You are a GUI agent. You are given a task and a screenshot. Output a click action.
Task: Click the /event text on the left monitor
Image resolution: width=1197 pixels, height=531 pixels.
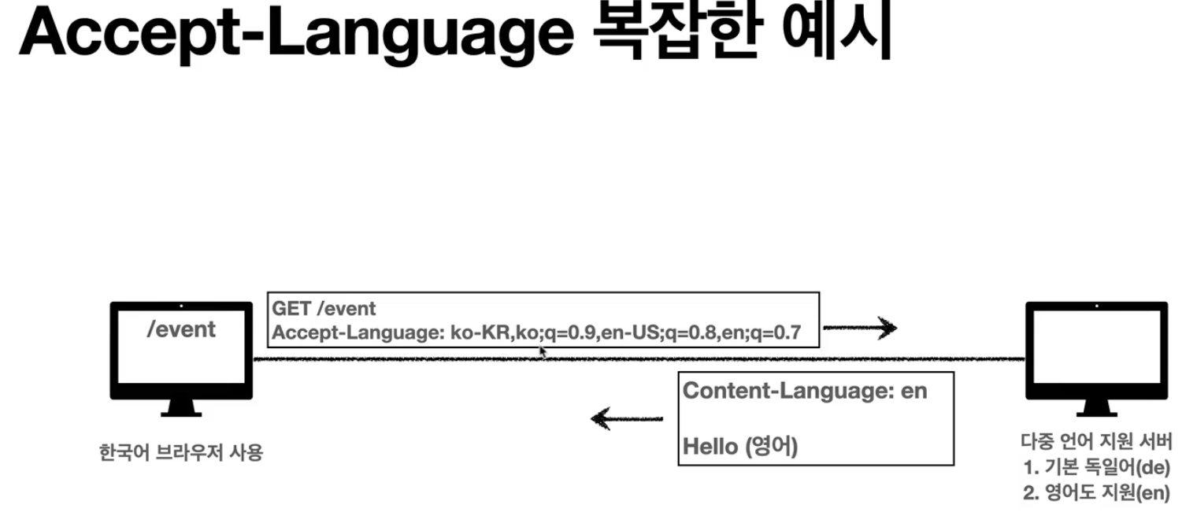180,329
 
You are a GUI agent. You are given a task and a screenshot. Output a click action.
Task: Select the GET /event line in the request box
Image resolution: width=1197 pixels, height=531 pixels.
324,308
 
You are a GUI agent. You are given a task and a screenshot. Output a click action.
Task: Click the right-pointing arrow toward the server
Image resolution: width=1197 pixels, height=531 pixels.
860,328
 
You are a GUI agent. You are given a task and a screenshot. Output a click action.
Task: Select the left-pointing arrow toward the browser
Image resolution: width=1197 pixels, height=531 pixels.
626,418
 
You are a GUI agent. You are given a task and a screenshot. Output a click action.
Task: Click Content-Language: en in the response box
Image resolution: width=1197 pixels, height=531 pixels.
805,391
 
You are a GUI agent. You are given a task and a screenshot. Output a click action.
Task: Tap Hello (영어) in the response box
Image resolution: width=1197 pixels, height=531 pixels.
740,447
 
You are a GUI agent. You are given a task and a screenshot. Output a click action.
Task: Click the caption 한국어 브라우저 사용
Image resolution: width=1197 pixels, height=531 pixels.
180,453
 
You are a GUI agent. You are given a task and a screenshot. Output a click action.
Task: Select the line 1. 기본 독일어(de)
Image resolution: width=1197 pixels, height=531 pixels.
1096,467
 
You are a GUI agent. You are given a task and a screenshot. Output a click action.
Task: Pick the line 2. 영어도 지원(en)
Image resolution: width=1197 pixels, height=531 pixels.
1096,493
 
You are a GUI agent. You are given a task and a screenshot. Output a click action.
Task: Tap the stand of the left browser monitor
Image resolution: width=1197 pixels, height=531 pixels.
181,407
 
